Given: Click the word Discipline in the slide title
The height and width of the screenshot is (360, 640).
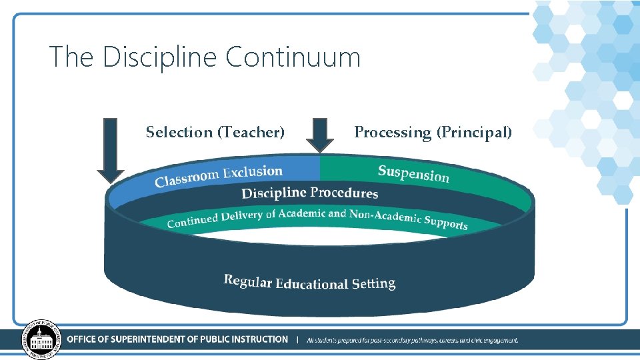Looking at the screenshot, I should tap(160, 57).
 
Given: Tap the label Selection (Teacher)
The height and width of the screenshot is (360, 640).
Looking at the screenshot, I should tap(215, 132).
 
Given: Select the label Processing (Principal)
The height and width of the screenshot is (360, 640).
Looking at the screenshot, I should tap(433, 132).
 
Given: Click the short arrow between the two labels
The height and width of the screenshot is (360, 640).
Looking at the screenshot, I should tap(320, 135).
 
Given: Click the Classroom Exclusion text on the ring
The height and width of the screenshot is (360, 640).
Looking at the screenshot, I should tap(219, 176).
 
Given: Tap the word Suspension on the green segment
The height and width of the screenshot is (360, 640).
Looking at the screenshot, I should tap(413, 173).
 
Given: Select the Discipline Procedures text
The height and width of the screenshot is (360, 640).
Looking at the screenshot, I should tap(309, 193).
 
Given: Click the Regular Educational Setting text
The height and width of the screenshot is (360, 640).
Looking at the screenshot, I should tap(309, 282).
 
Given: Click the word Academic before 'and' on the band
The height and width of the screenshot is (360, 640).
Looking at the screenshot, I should tap(302, 214).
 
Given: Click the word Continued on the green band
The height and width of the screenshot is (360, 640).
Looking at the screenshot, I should tap(192, 220).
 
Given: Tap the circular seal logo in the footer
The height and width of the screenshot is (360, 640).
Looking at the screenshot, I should tap(41, 339).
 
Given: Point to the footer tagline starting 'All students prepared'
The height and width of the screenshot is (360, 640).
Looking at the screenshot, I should tap(412, 340).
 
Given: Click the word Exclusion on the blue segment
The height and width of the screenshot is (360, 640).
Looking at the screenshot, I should tap(253, 173).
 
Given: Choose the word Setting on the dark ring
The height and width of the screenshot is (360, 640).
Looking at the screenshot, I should tap(373, 284).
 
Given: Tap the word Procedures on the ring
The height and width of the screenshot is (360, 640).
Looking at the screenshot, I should tap(344, 193).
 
